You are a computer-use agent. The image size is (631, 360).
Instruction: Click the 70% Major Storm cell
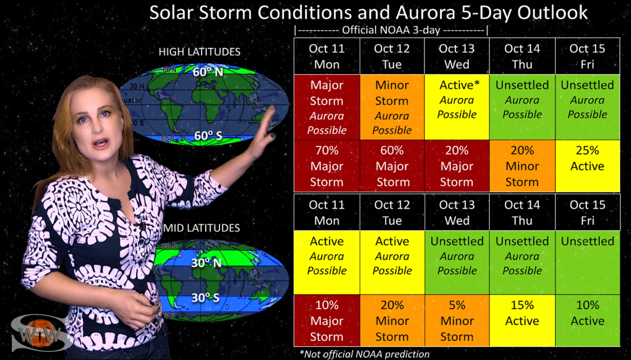point(327,166)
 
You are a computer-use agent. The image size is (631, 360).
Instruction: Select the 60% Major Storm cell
point(392,166)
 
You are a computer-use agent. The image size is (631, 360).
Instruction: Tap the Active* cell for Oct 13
point(457,107)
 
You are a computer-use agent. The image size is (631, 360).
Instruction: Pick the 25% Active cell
point(588,166)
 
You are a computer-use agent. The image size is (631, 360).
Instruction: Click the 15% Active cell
point(522,321)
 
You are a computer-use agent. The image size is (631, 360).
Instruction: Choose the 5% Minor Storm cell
point(457,321)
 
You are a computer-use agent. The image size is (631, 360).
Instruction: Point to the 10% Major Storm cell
point(327,321)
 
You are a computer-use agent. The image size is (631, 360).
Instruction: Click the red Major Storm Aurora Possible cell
point(327,107)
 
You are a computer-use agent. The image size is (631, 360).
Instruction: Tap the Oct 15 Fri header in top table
point(588,56)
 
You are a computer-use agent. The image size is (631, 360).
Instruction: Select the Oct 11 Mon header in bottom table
point(327,213)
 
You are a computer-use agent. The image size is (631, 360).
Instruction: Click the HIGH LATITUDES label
point(200,52)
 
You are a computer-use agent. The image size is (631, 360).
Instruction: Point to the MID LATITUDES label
point(201,228)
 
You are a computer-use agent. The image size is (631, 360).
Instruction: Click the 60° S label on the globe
point(208,136)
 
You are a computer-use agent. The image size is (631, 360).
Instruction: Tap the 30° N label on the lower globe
point(206,263)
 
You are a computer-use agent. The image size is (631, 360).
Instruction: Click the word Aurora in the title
point(426,12)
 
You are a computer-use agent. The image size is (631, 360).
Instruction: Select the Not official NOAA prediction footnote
point(365,354)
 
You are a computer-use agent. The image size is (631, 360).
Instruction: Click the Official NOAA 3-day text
point(391,30)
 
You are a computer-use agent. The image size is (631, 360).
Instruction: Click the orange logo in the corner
point(39,333)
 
